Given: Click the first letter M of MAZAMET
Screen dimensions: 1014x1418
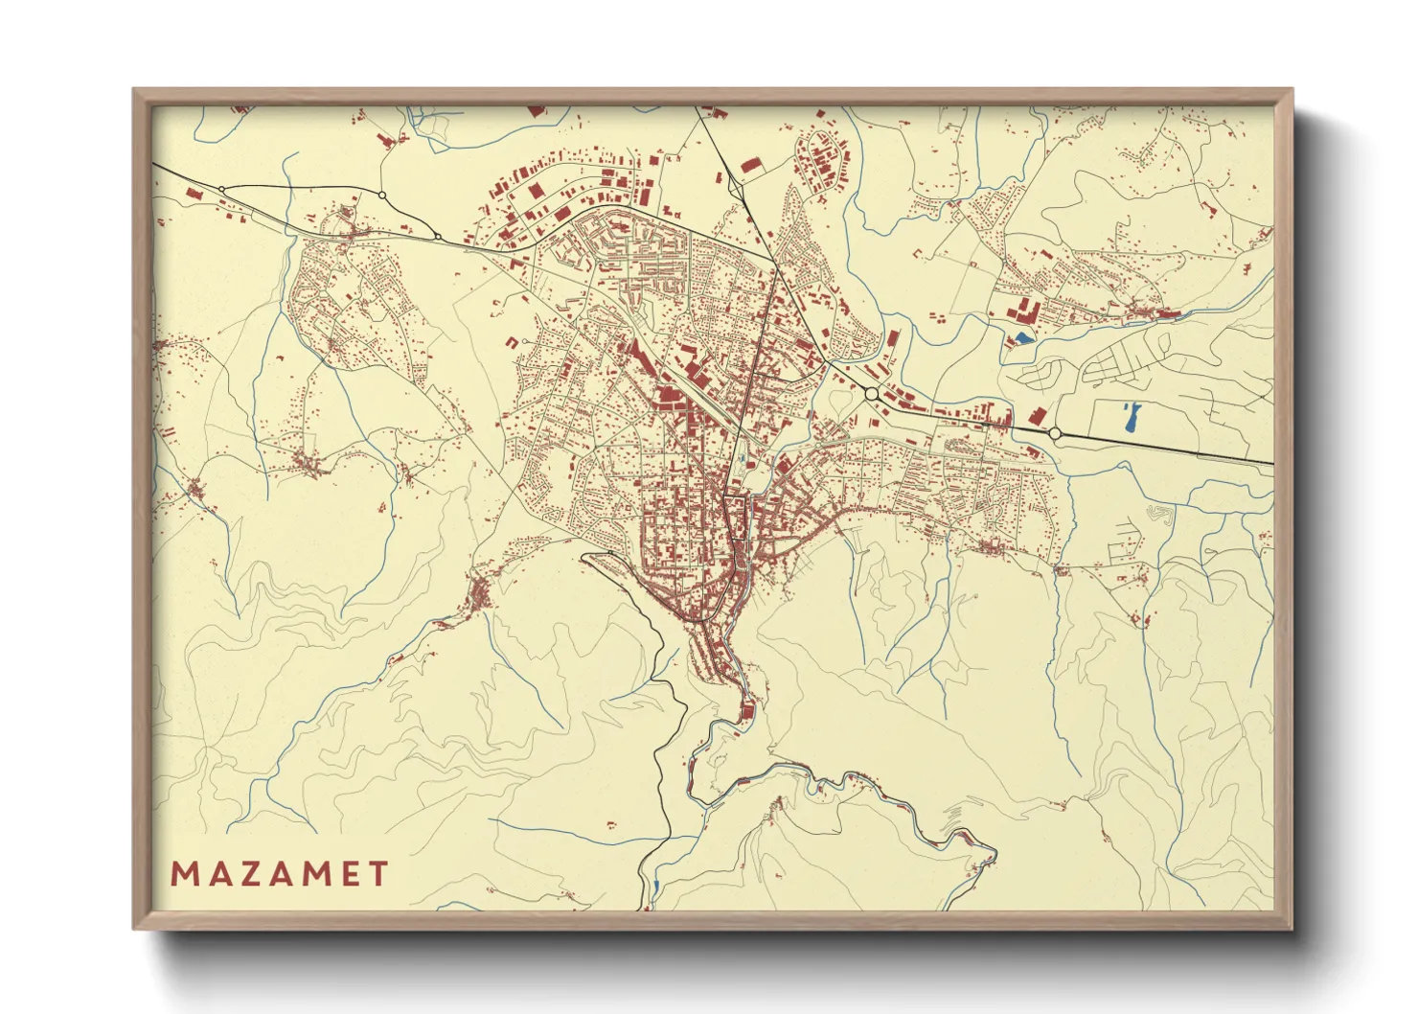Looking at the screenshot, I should (x=182, y=874).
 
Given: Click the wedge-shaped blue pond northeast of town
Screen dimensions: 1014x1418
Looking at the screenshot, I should (x=1023, y=337).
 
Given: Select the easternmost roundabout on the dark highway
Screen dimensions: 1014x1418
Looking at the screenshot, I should (x=1055, y=433).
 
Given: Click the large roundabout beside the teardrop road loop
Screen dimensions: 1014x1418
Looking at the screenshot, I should (x=871, y=393).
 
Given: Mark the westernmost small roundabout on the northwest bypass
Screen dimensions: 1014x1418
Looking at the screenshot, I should (x=222, y=189).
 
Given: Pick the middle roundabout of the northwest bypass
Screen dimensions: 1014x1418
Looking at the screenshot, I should (x=381, y=196).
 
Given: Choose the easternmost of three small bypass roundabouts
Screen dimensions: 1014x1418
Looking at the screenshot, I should (x=437, y=236).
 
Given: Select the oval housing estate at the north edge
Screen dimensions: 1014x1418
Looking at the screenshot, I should (x=822, y=158).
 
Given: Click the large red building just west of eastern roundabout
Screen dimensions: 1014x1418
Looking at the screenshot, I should (x=1037, y=417).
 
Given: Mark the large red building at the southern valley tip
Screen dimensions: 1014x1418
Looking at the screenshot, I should (x=747, y=710).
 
